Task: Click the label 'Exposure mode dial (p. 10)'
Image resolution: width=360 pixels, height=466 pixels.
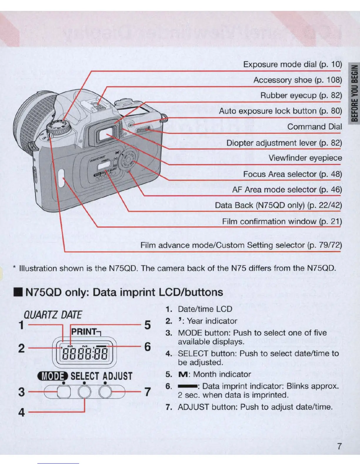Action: click(x=292, y=64)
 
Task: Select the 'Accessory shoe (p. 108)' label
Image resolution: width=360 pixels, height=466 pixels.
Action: click(x=298, y=80)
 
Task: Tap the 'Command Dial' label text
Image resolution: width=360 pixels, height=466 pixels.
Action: click(x=314, y=127)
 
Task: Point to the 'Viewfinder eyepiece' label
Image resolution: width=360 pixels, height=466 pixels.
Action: click(x=305, y=158)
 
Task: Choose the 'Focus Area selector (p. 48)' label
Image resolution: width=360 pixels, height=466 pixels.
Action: click(x=292, y=174)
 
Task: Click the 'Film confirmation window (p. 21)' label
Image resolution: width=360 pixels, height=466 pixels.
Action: click(x=282, y=221)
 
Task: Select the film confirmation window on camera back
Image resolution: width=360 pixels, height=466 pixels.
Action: click(x=61, y=178)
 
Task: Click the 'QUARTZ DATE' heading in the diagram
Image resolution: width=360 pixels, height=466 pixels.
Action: click(x=53, y=315)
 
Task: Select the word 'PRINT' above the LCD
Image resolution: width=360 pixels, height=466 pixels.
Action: click(x=84, y=332)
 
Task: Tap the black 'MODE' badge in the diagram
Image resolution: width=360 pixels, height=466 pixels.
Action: click(x=53, y=376)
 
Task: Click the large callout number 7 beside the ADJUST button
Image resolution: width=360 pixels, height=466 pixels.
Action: click(x=148, y=392)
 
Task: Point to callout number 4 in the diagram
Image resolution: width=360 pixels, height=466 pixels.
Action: click(x=21, y=412)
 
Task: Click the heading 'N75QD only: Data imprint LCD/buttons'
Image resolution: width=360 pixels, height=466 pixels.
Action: click(x=124, y=292)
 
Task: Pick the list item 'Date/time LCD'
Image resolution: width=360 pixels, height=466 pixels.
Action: click(x=205, y=309)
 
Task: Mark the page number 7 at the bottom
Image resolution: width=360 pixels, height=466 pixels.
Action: click(x=339, y=446)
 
